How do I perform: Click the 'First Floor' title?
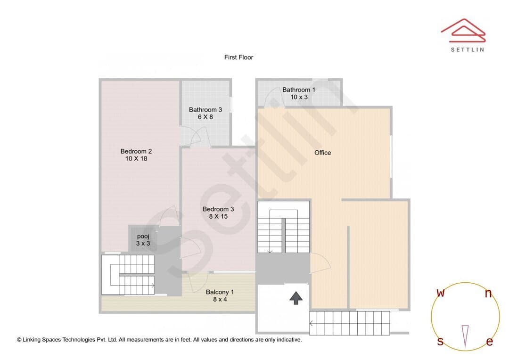click(238, 57)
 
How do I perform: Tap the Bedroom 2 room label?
click(136, 151)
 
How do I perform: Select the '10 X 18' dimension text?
click(136, 159)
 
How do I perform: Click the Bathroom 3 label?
click(205, 110)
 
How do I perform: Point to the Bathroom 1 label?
click(299, 90)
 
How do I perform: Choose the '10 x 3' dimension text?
click(299, 97)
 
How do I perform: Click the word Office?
click(323, 153)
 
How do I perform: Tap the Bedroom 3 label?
click(218, 209)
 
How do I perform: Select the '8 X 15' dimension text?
click(218, 217)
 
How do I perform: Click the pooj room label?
click(143, 237)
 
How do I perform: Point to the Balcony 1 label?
click(220, 292)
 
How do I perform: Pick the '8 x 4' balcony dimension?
click(220, 299)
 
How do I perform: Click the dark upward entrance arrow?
click(296, 298)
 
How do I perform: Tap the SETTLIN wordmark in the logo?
click(468, 49)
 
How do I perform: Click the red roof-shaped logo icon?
click(463, 31)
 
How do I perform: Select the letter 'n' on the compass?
click(488, 293)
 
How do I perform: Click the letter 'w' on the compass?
click(441, 293)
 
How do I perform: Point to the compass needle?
click(465, 336)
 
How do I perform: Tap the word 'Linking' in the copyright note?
click(32, 340)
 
